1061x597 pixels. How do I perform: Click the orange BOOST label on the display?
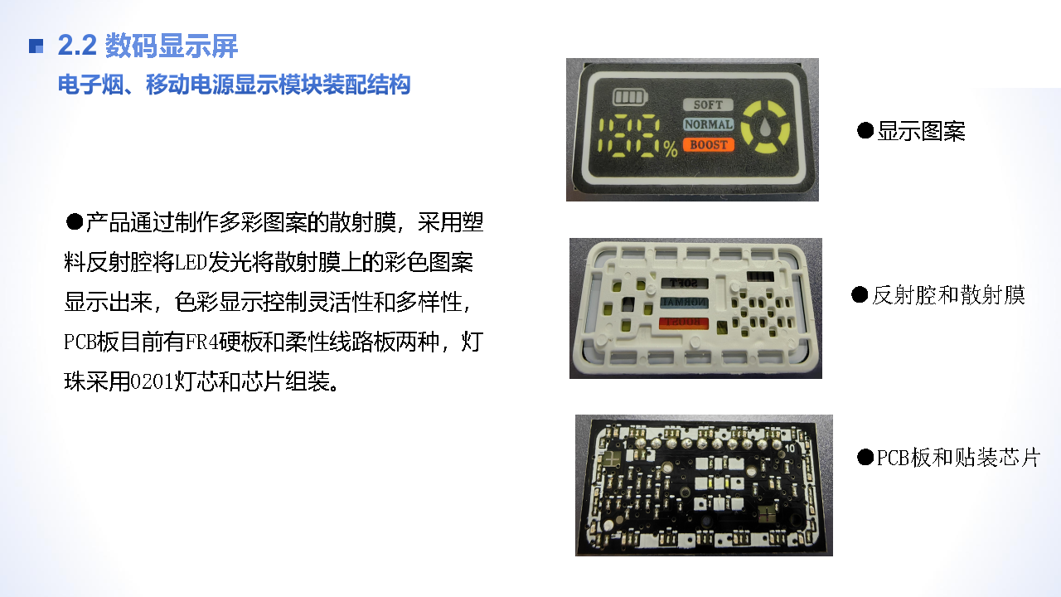(x=709, y=144)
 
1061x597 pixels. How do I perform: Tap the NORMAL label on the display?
(x=709, y=124)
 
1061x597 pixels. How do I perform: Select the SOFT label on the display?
(x=708, y=104)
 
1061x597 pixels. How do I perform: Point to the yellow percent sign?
(x=671, y=148)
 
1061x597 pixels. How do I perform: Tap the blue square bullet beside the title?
(x=36, y=46)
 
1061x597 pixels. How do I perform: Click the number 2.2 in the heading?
(x=77, y=46)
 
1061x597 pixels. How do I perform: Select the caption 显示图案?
(x=921, y=131)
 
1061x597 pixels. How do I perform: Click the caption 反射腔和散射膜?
(x=948, y=294)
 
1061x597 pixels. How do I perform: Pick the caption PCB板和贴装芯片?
(x=958, y=457)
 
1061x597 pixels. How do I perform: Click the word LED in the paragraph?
(x=191, y=262)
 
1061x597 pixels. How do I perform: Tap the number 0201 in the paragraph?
(x=152, y=381)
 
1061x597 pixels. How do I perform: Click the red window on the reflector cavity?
(x=684, y=323)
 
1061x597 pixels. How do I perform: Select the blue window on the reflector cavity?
(x=684, y=303)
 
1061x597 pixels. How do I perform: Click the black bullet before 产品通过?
(x=75, y=221)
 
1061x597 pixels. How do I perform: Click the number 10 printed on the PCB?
(x=790, y=449)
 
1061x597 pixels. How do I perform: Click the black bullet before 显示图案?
(x=865, y=130)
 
